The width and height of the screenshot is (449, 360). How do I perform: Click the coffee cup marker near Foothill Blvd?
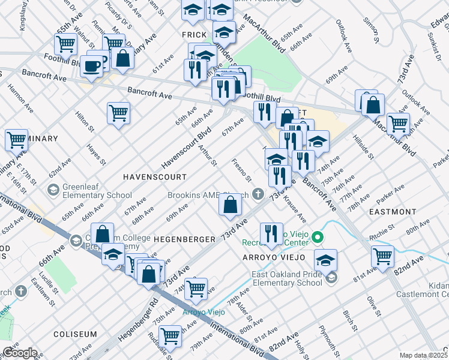[92, 65]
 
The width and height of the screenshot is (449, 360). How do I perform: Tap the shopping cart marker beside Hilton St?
[119, 112]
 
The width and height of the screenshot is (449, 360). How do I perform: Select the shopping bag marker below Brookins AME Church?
[231, 205]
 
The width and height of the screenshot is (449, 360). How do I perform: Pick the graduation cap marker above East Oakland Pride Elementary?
[325, 260]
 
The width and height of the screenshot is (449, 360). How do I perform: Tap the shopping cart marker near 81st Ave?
[382, 256]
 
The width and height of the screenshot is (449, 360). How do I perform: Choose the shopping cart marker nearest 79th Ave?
[171, 336]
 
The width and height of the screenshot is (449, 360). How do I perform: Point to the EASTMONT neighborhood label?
[393, 212]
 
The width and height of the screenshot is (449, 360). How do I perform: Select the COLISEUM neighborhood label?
[75, 334]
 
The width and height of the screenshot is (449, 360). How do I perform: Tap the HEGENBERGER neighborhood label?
[184, 239]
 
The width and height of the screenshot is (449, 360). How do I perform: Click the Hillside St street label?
[364, 147]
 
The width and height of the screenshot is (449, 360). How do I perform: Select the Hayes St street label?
[95, 154]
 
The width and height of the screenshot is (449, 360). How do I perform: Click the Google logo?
[19, 353]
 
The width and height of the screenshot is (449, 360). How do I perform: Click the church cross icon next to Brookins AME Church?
[258, 193]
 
